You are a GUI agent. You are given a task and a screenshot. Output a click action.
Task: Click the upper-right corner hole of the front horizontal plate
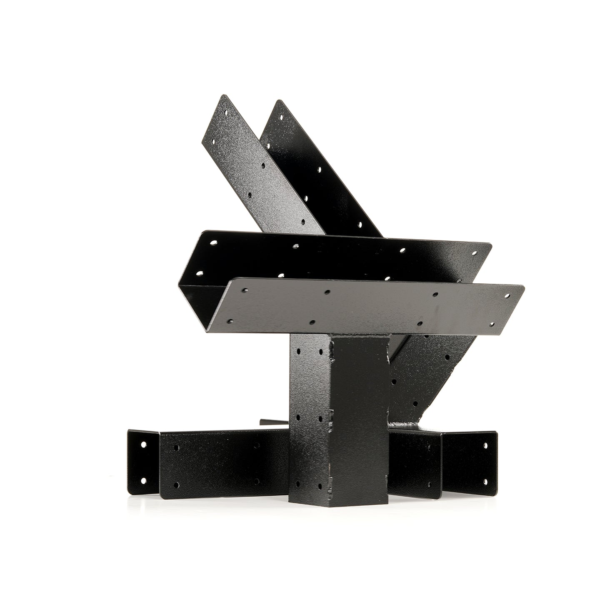pyautogui.click(x=507, y=295)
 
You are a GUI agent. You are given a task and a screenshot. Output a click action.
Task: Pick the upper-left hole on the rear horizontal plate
pyautogui.click(x=214, y=242)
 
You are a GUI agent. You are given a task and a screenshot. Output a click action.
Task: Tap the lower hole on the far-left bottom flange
pyautogui.click(x=144, y=481)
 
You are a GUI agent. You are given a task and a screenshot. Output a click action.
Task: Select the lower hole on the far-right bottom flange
pyautogui.click(x=485, y=481)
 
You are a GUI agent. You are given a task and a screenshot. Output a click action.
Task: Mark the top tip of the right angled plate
pyautogui.click(x=277, y=100)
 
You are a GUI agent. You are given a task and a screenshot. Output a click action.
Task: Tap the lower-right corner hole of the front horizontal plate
pyautogui.click(x=492, y=323)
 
